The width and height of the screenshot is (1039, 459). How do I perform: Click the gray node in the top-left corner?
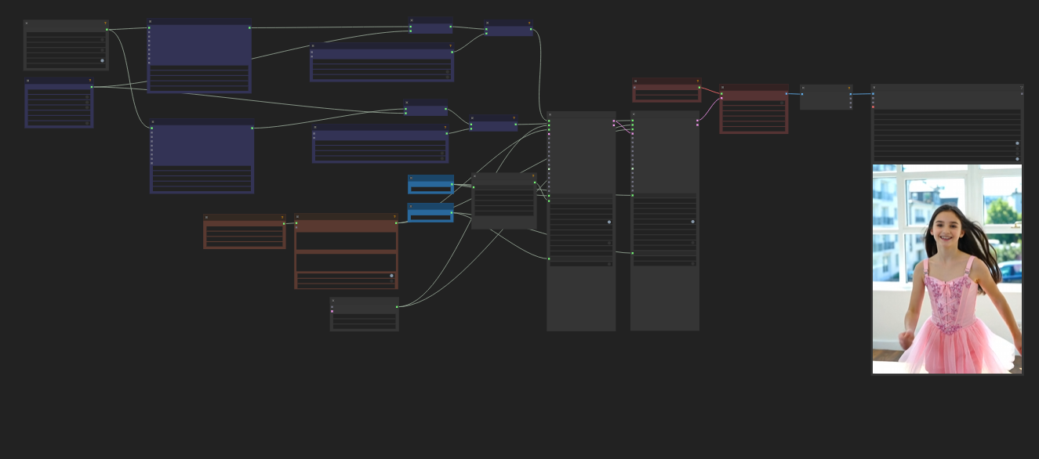pos(66,45)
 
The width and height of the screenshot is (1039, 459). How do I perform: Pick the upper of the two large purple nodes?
pos(199,56)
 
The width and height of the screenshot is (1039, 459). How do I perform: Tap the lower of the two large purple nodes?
pos(202,157)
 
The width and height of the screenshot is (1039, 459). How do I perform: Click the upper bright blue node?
pos(430,185)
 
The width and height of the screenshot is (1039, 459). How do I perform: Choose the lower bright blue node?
pos(430,212)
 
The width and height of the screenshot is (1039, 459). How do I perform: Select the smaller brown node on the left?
pos(244,232)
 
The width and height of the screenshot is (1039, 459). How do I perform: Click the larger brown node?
pos(346,251)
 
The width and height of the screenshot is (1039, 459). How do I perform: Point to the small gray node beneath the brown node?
pos(364,314)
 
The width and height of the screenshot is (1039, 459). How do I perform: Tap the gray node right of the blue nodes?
pos(504,201)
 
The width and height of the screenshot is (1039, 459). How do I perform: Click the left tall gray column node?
pos(581,221)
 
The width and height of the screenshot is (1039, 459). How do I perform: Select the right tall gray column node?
pos(664,221)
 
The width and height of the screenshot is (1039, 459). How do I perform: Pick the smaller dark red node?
pos(667,90)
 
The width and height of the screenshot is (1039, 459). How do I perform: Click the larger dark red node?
pos(754,109)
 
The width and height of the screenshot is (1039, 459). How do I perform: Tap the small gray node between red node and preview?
pos(826,97)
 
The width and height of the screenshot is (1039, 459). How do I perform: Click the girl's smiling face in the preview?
pos(946,227)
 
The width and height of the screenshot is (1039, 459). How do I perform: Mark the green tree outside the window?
pos(1001,209)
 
